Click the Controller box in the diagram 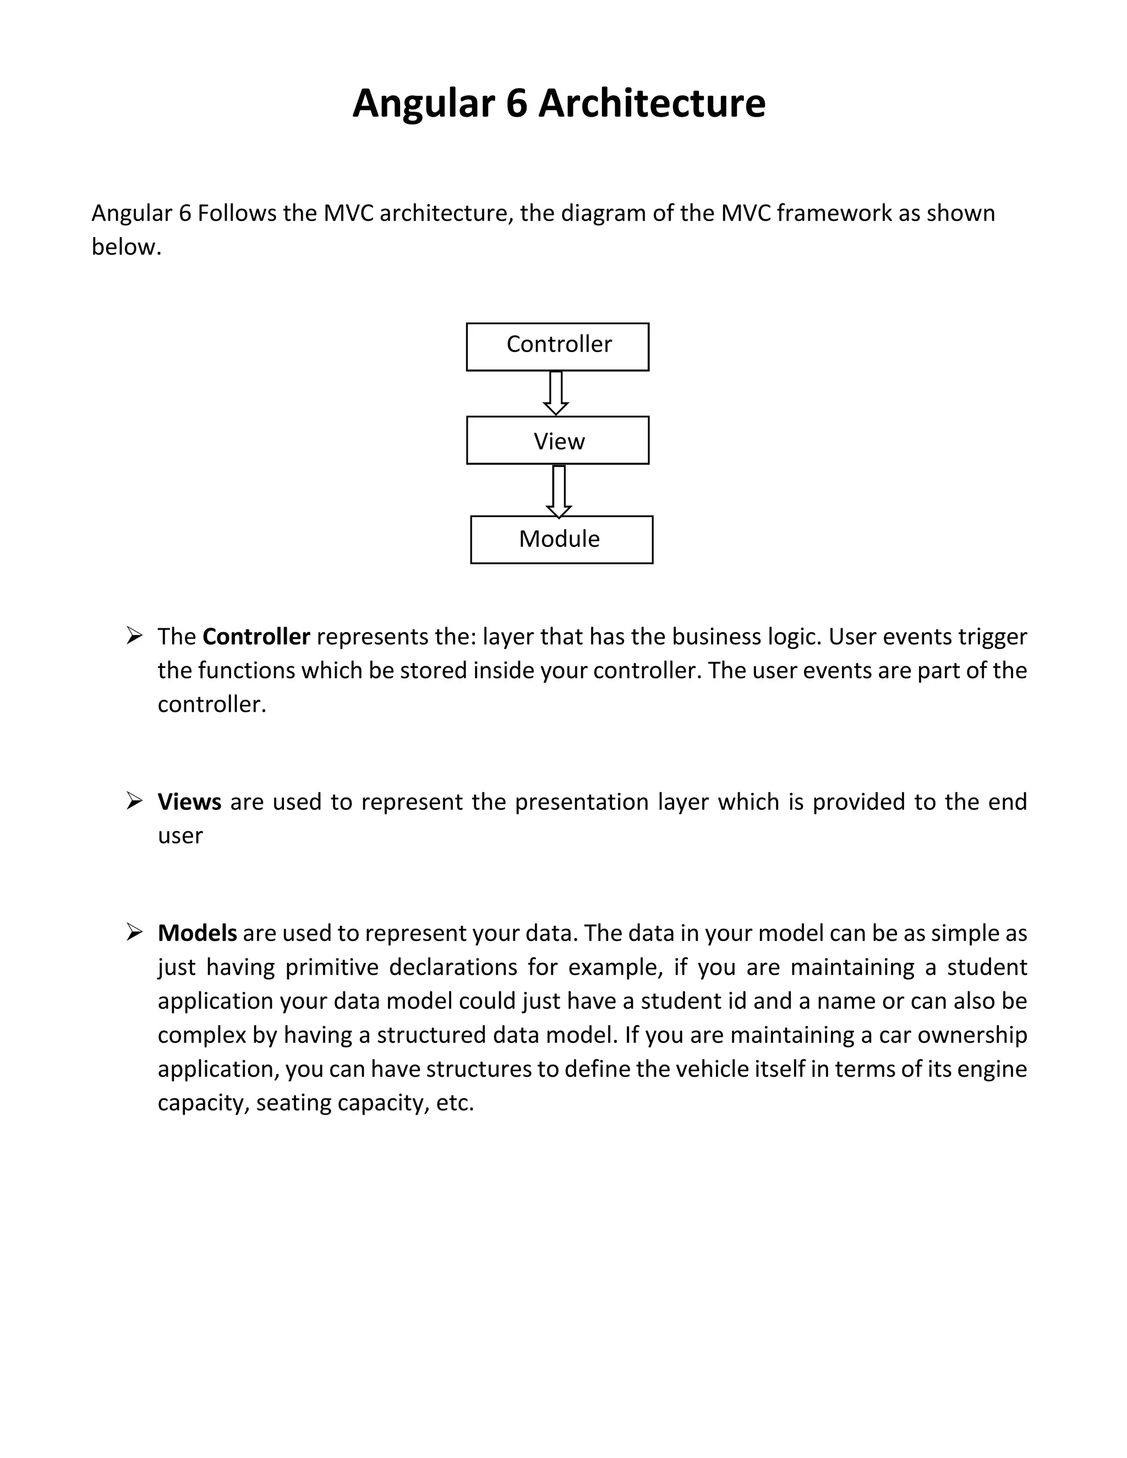coord(557,347)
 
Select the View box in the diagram coord(557,441)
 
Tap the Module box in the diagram coord(561,539)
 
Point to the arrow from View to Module coord(559,491)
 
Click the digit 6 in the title coord(516,104)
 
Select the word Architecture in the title coord(652,104)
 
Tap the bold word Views coord(189,801)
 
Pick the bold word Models coord(197,933)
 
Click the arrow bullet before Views coord(134,801)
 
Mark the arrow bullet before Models coord(134,932)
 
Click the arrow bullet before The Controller coord(134,635)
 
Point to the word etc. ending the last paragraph coord(455,1102)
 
